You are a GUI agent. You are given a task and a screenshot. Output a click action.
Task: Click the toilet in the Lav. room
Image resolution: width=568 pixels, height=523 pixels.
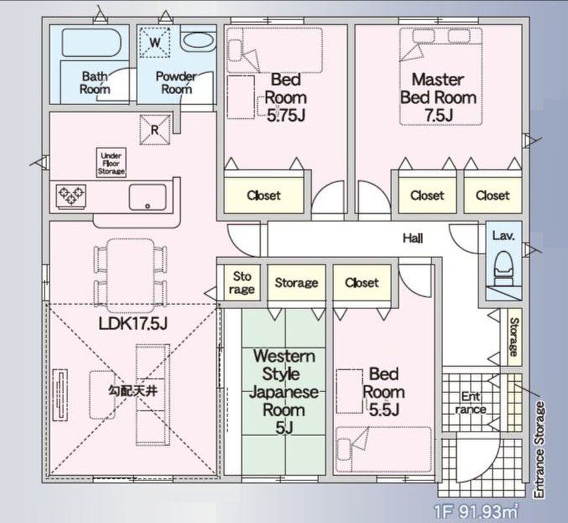pyautogui.click(x=503, y=269)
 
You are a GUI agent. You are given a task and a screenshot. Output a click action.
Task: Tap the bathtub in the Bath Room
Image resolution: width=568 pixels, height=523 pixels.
pyautogui.click(x=91, y=42)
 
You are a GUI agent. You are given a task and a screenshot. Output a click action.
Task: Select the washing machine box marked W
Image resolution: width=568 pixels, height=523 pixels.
pyautogui.click(x=155, y=42)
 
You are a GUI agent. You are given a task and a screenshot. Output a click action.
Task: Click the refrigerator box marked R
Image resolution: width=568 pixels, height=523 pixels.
pyautogui.click(x=155, y=129)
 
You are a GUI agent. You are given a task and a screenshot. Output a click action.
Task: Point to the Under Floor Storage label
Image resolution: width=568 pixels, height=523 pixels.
pyautogui.click(x=111, y=163)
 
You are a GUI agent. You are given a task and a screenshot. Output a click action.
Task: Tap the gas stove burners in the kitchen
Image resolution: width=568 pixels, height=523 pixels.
pyautogui.click(x=71, y=196)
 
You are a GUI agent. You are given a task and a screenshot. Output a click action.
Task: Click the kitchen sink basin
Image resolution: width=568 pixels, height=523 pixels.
pyautogui.click(x=148, y=197)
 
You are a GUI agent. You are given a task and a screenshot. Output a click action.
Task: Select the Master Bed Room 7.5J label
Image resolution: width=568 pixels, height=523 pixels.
pyautogui.click(x=438, y=97)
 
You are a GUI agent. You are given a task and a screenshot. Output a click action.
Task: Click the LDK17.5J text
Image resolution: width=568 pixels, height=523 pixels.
pyautogui.click(x=133, y=324)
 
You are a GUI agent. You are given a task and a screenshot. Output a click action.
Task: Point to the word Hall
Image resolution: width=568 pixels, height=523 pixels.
pyautogui.click(x=413, y=238)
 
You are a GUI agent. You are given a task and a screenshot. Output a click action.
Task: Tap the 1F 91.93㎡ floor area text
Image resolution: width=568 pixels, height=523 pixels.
pyautogui.click(x=476, y=512)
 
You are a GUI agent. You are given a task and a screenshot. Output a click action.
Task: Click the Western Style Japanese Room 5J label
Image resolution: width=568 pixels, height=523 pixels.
pyautogui.click(x=284, y=392)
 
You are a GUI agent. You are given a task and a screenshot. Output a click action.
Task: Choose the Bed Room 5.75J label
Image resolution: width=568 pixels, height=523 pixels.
pyautogui.click(x=286, y=97)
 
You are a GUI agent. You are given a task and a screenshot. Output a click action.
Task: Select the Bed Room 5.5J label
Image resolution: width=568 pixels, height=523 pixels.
pyautogui.click(x=384, y=392)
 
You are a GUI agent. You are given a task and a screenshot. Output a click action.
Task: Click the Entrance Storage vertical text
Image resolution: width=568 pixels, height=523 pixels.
pyautogui.click(x=540, y=450)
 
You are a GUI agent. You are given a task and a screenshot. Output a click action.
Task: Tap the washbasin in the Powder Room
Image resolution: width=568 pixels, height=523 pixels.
pyautogui.click(x=198, y=42)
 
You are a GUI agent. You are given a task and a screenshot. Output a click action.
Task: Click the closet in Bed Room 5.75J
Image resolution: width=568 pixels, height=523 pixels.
pyautogui.click(x=263, y=195)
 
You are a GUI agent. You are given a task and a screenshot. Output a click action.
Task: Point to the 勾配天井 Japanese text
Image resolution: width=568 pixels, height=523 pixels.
pyautogui.click(x=133, y=391)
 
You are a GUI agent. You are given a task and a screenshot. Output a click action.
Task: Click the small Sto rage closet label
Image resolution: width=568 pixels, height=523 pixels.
pyautogui.click(x=242, y=282)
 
